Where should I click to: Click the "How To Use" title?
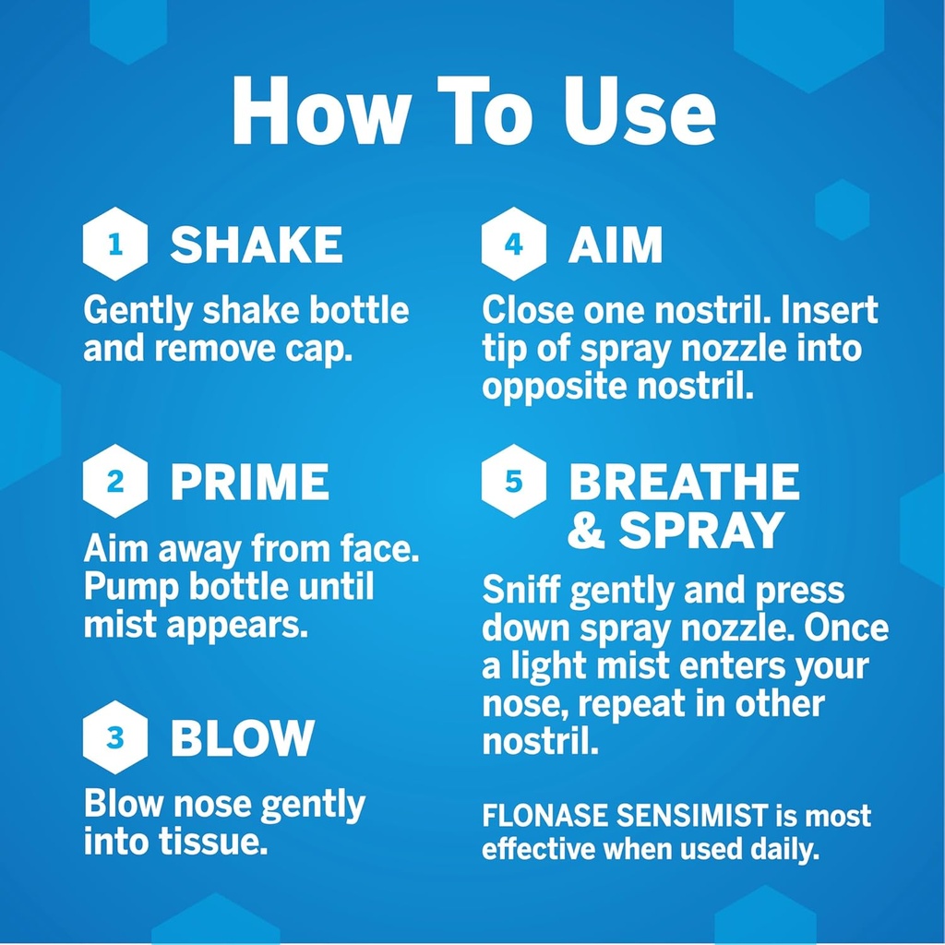coord(472,113)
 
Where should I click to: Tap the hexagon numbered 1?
coord(115,245)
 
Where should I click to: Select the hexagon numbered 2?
coord(115,482)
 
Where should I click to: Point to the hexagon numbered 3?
coord(115,737)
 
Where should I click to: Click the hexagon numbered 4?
coord(514,245)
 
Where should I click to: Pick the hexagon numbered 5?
coord(514,482)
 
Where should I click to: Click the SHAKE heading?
coord(257,245)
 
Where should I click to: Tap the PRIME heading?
coord(249,482)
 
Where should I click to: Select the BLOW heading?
coord(243,737)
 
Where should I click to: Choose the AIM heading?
coord(616,245)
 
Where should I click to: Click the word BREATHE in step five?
coord(683,482)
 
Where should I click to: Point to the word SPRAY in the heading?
coord(701,530)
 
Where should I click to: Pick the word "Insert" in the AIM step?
coord(830,311)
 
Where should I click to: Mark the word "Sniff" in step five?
coord(521,592)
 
